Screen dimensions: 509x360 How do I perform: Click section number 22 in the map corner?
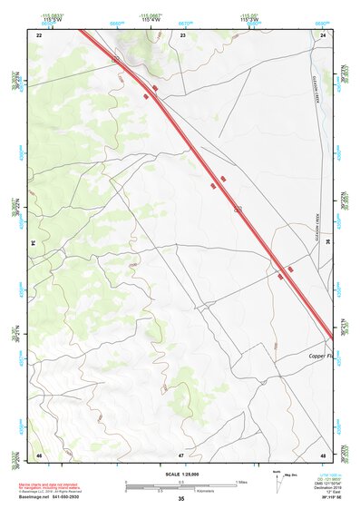[x=39, y=34]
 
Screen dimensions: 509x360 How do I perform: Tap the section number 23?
[x=182, y=34]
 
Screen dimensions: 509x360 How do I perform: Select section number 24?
[x=323, y=34]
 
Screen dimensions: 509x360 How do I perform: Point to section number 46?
[x=39, y=454]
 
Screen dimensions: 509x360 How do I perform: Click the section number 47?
[x=181, y=454]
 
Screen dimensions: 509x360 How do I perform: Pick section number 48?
[x=323, y=454]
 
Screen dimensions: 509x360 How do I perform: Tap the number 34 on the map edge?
[x=34, y=243]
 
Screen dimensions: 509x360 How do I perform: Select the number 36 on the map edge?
[x=327, y=243]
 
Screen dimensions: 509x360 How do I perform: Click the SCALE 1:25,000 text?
[x=180, y=475]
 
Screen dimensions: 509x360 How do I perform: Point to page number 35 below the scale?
[x=180, y=499]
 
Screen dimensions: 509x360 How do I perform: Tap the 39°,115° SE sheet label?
[x=326, y=497]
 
